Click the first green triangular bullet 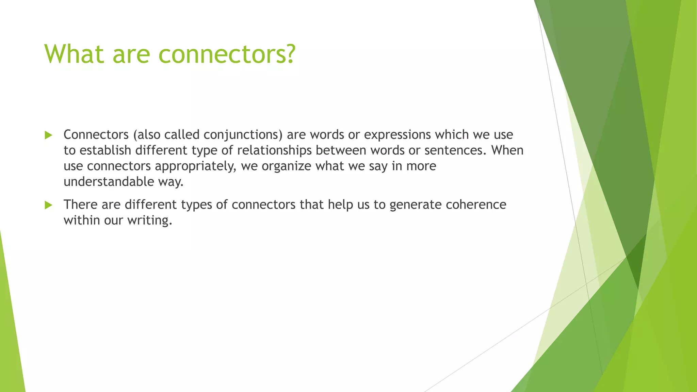(x=48, y=135)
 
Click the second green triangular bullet (x=48, y=205)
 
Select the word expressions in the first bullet (x=398, y=135)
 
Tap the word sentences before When (x=455, y=150)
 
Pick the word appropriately (x=195, y=166)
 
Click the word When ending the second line (x=507, y=150)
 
